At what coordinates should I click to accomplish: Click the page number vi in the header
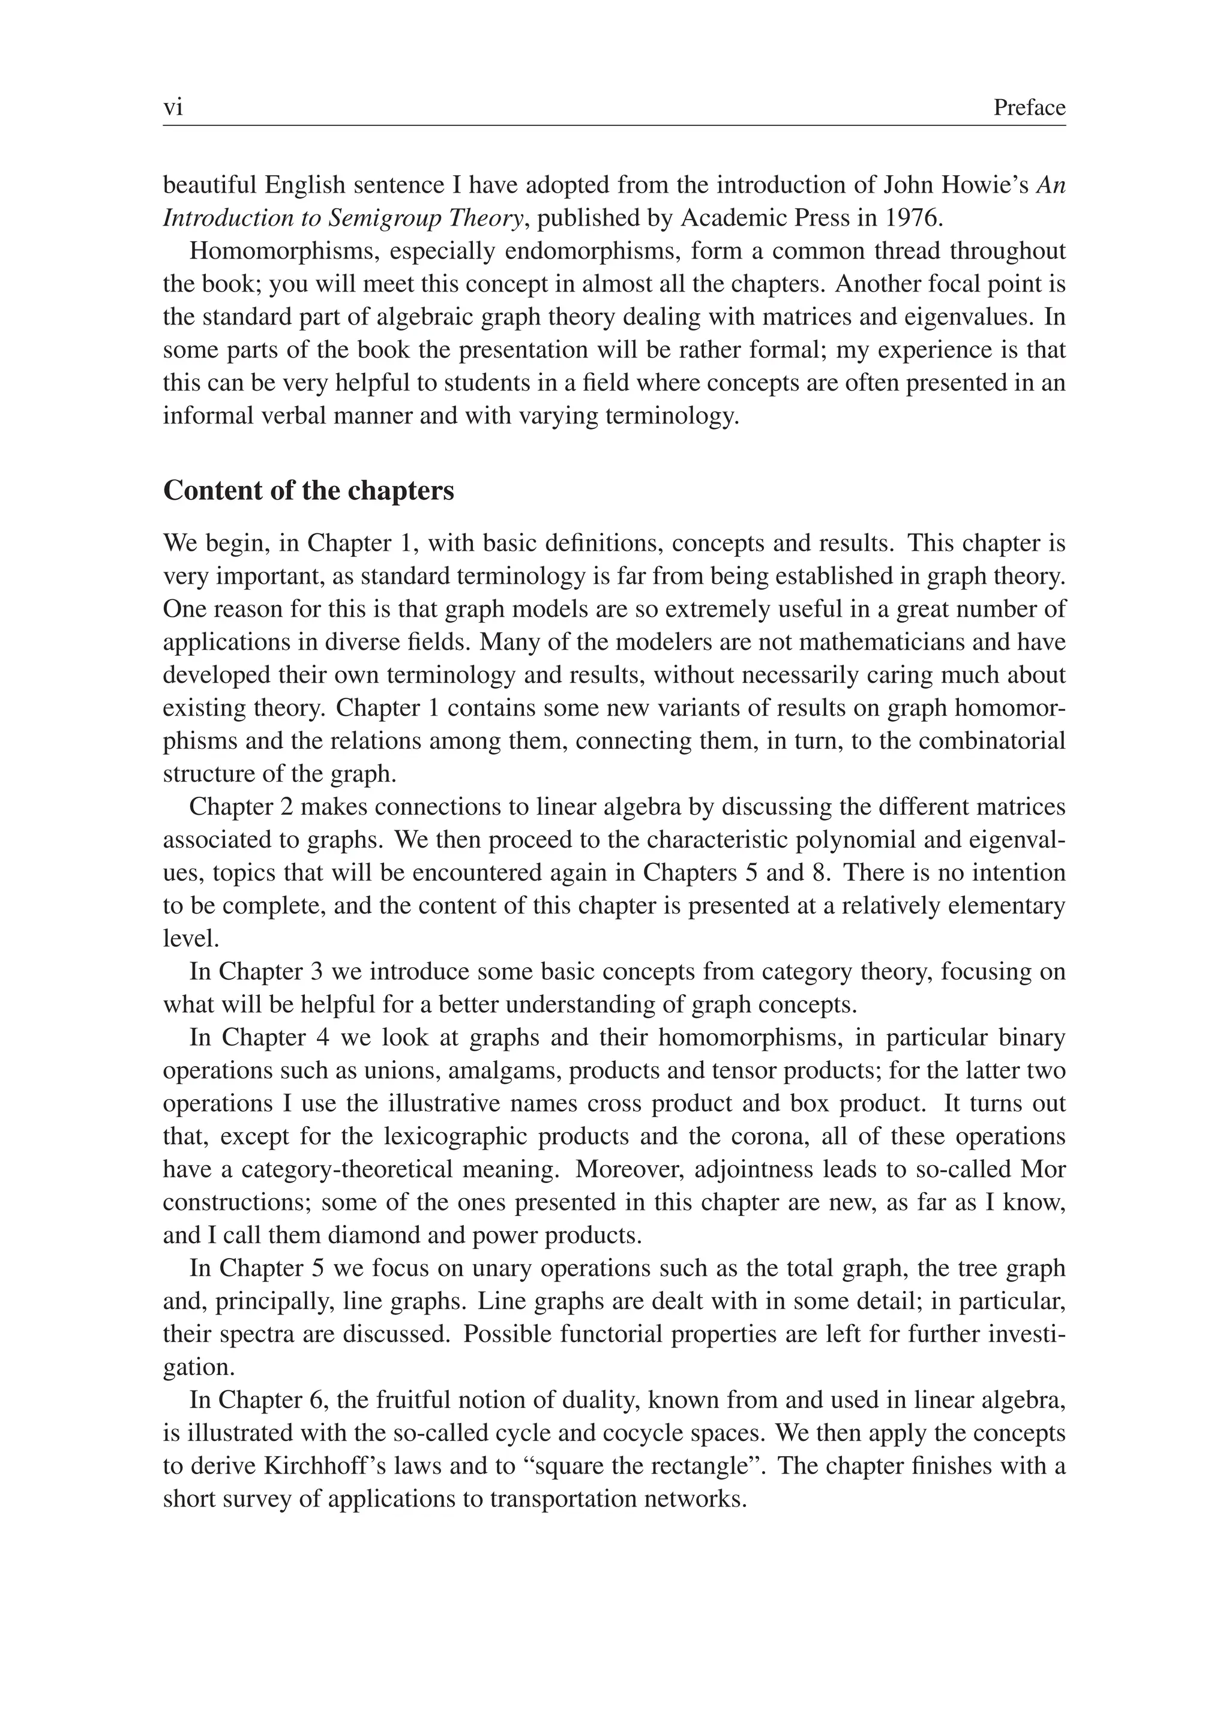coord(173,108)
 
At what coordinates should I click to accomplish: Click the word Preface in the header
coord(1029,108)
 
